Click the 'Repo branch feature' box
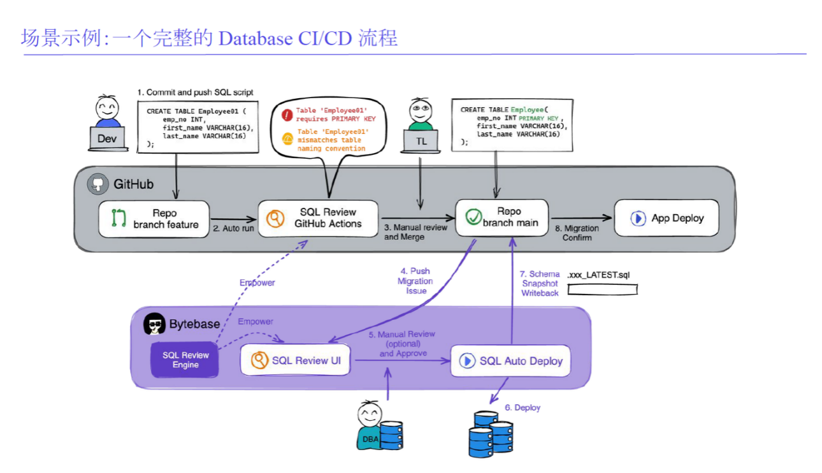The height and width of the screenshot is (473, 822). click(x=154, y=219)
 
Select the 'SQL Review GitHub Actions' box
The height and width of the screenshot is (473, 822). click(x=317, y=219)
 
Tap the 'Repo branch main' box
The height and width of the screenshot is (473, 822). click(x=501, y=217)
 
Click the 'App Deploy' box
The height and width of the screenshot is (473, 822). click(x=666, y=218)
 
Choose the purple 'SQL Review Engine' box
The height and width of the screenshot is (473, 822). click(x=185, y=360)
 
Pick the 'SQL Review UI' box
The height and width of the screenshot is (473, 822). click(x=296, y=361)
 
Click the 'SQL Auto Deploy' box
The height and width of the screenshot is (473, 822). click(x=510, y=361)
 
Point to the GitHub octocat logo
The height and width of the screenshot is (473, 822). click(x=98, y=184)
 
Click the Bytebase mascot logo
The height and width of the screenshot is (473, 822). click(x=154, y=324)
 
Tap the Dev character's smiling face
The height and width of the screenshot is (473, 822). click(x=107, y=108)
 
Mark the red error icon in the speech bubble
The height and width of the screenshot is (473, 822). click(x=287, y=115)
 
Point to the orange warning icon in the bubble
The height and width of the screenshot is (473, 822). click(x=287, y=138)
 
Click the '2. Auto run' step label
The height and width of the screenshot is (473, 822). click(x=233, y=228)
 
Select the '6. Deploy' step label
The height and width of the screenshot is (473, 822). click(x=523, y=407)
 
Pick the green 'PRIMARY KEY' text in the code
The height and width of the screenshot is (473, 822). click(x=539, y=119)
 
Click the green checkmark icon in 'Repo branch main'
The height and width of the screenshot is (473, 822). click(x=473, y=217)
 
